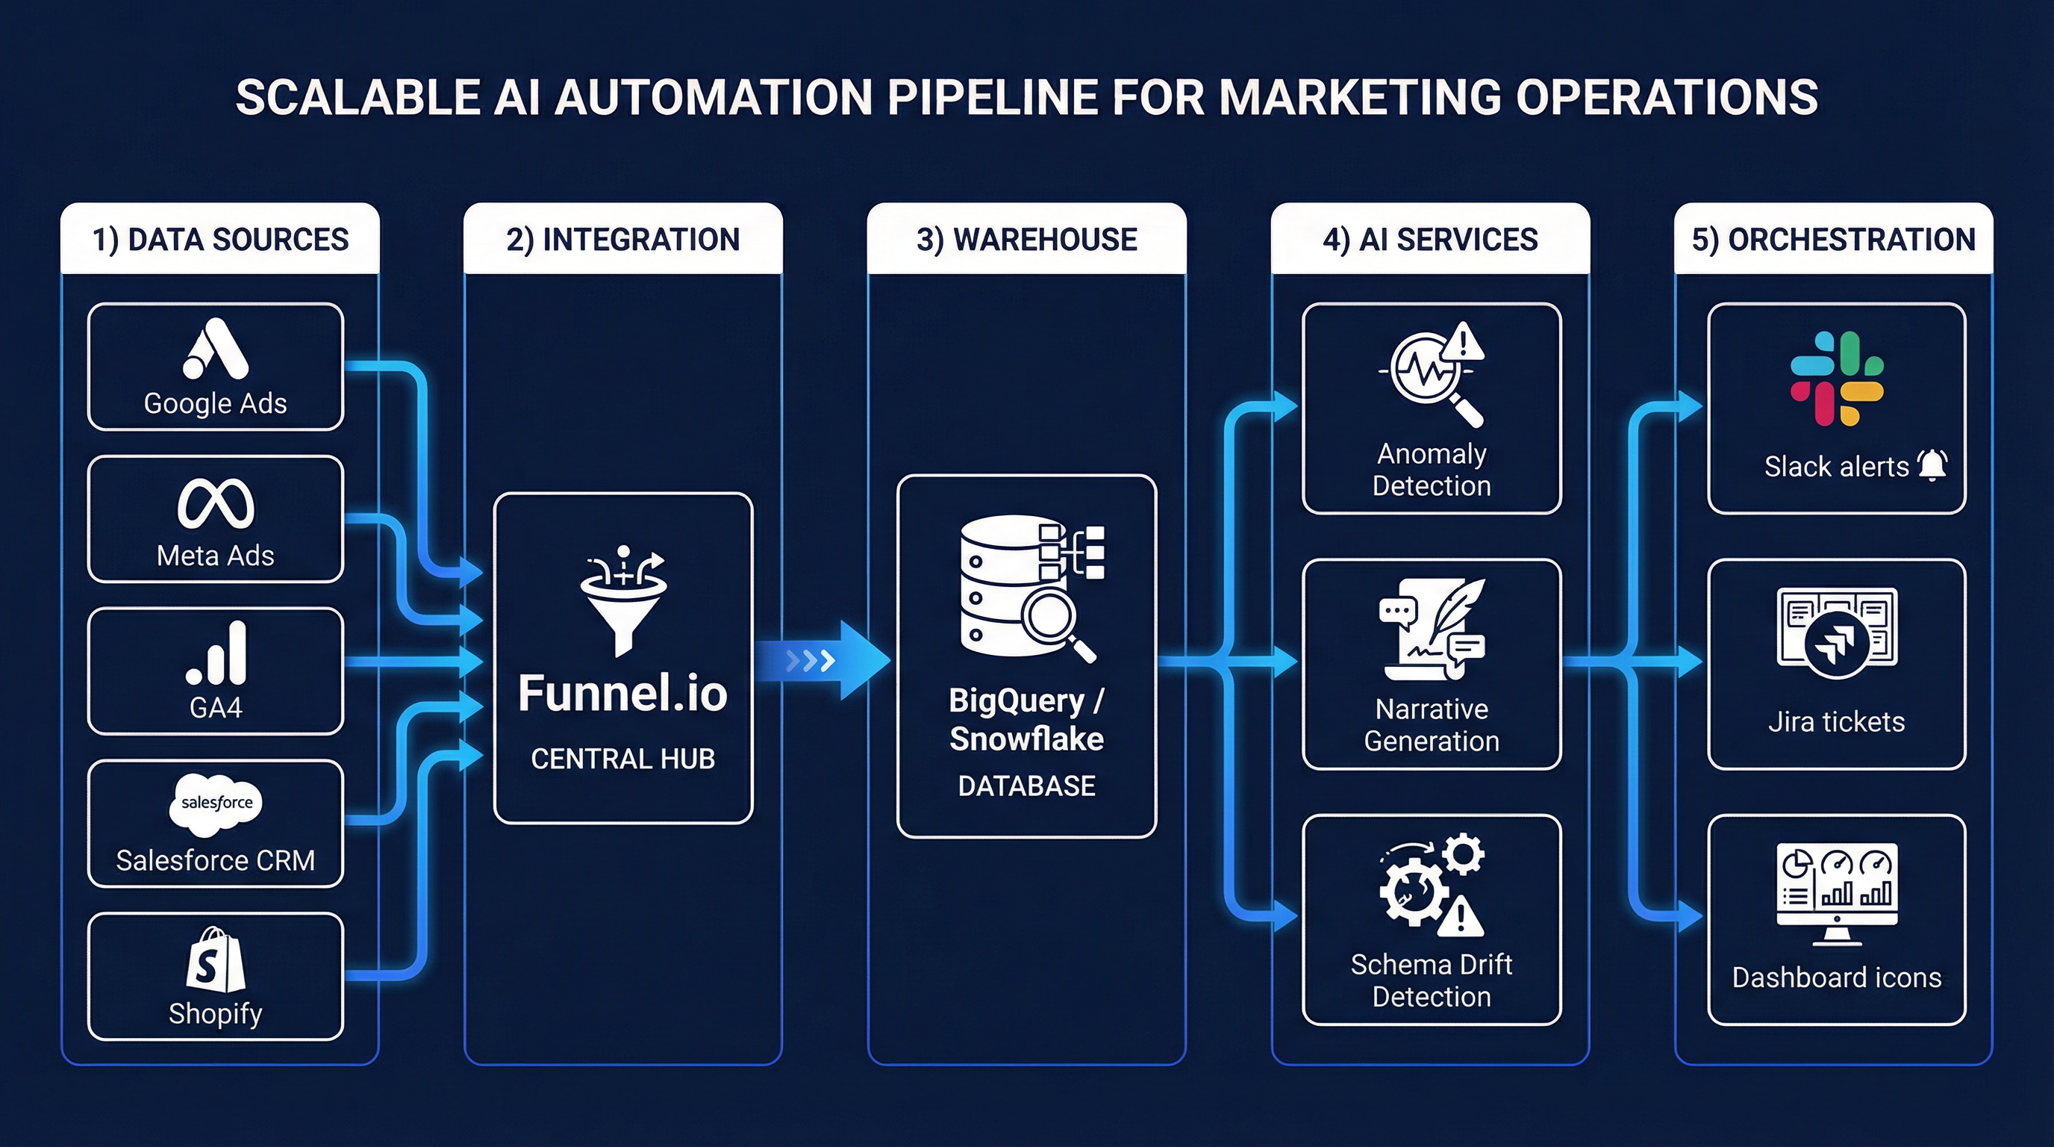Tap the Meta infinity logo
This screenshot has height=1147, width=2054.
tap(215, 503)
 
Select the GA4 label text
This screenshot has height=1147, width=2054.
tap(215, 707)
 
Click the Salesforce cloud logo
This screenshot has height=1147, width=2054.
tap(216, 803)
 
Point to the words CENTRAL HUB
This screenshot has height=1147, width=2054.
tap(622, 759)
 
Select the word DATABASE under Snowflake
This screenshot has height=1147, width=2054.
tap(1026, 786)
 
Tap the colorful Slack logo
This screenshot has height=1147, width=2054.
tap(1836, 378)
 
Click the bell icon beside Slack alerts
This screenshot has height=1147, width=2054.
tap(1932, 465)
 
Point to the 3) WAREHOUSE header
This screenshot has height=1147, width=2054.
tap(1026, 239)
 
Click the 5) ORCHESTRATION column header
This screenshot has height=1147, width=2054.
tap(1833, 239)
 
